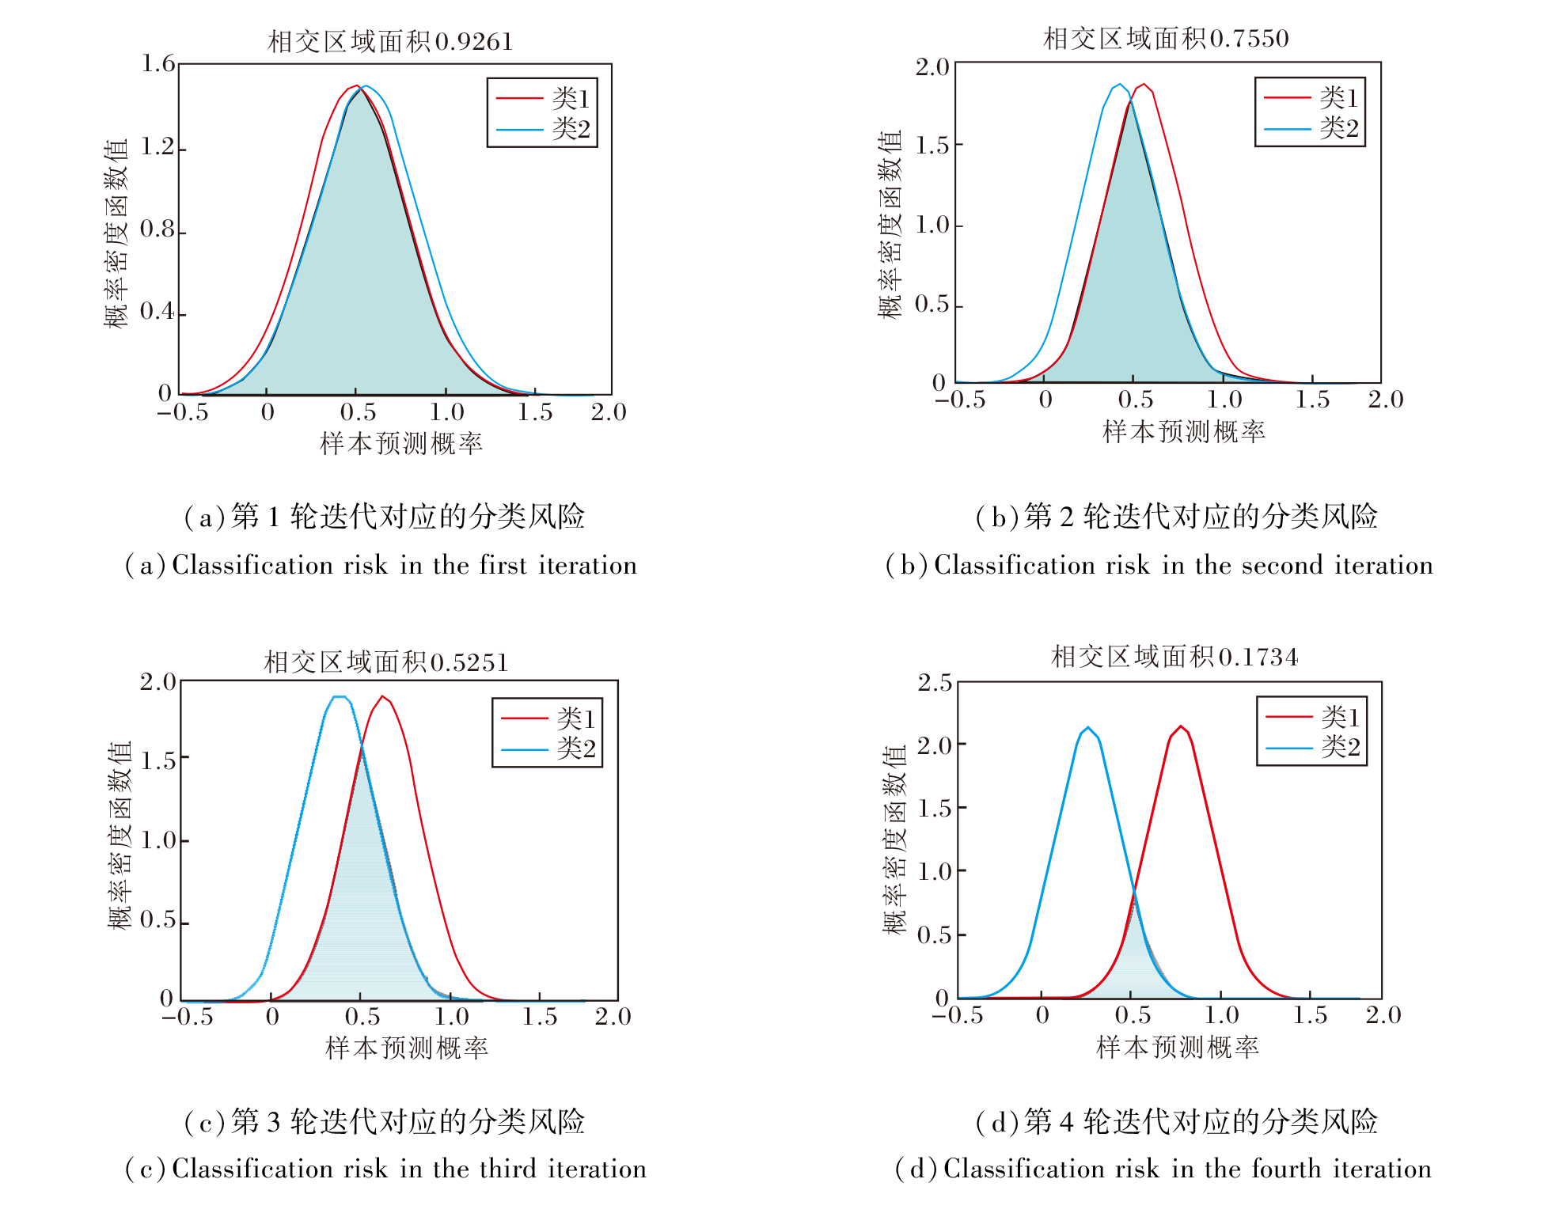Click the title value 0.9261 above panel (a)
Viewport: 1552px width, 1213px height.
point(474,41)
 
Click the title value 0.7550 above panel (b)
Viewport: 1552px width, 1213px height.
point(1250,38)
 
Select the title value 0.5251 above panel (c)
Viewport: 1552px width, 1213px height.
point(469,662)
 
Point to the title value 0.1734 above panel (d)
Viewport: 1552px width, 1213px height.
point(1258,657)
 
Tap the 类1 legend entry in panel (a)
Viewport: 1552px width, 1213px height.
point(570,98)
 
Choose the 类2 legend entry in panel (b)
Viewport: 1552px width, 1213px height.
point(1338,128)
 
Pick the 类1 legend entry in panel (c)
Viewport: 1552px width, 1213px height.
point(575,718)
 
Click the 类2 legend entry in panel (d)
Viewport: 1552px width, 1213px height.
point(1340,746)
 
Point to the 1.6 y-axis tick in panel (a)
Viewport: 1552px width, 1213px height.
point(157,63)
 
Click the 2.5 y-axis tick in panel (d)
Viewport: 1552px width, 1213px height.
point(935,682)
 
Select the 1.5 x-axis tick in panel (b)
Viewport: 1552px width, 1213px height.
point(1312,400)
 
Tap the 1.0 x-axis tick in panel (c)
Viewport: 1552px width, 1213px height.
point(451,1017)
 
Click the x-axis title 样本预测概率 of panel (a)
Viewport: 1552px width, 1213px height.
point(401,444)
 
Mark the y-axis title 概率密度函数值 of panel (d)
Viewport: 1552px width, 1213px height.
point(894,840)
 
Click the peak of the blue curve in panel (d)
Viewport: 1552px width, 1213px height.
point(1088,728)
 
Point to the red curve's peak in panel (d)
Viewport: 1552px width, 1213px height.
point(1181,726)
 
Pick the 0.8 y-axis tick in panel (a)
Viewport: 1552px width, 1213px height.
point(157,229)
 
